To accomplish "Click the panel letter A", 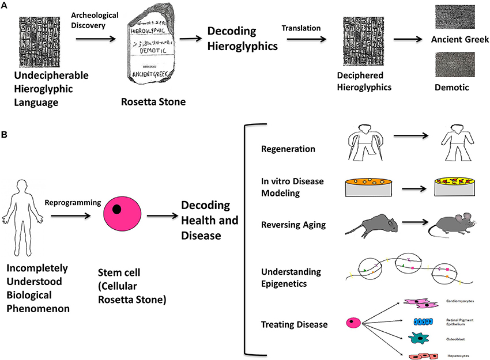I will [x=5, y=5].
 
